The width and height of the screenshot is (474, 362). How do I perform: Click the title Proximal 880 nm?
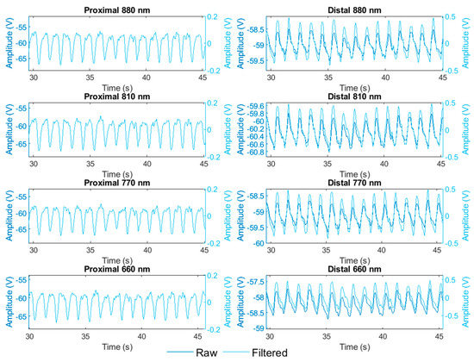pos(115,9)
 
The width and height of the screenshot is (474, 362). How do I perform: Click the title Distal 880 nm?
pos(357,9)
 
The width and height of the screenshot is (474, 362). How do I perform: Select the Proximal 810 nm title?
pos(115,99)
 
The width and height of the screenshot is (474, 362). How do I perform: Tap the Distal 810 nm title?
pos(357,99)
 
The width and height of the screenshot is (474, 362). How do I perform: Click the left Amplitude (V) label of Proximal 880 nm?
pos(6,44)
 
